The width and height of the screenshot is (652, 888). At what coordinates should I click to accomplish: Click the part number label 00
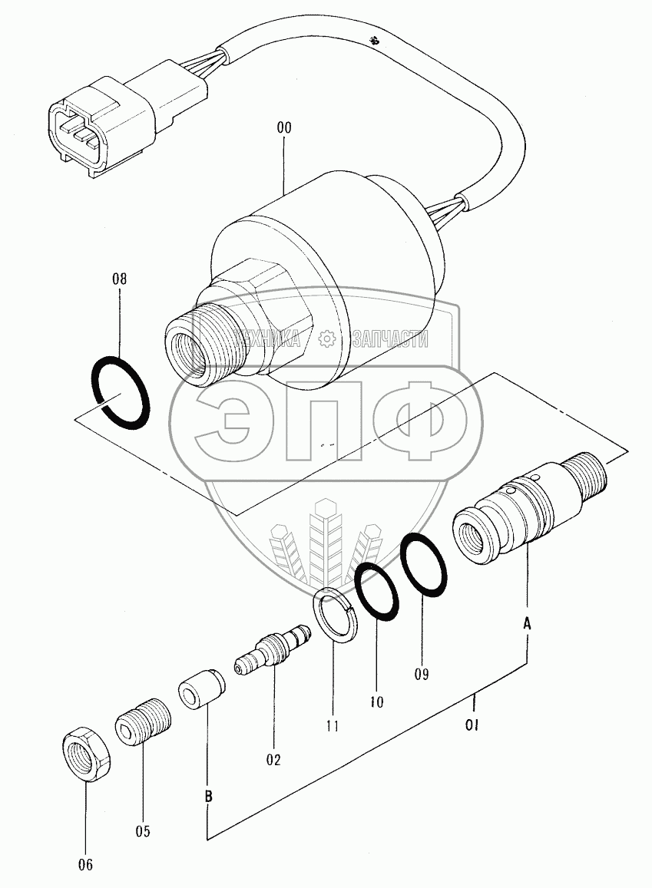coord(284,128)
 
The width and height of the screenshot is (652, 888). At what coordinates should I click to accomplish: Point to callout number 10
coord(376,701)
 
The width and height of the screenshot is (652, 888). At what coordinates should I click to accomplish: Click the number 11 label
coord(333,725)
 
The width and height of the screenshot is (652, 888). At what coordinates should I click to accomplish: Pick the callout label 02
coord(273,760)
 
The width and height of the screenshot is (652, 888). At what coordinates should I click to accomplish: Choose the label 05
coord(143,831)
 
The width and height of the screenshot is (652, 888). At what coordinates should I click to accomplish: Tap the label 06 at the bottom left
coord(84,865)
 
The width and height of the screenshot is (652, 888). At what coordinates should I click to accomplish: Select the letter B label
coord(208,797)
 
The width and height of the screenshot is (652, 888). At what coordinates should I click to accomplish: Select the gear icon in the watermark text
coord(326,338)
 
